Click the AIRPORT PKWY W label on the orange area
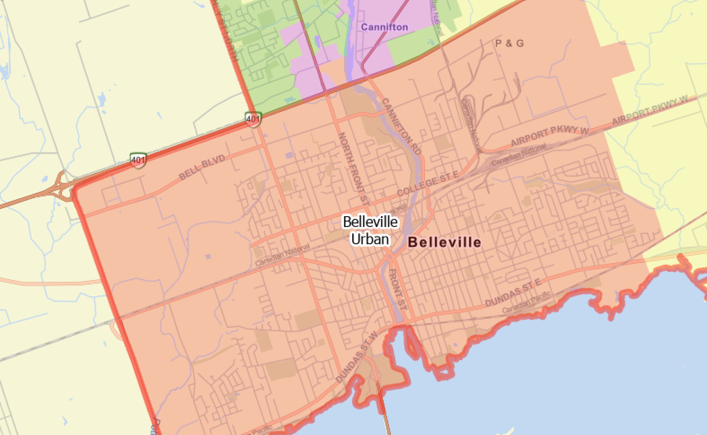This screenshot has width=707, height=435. pos(550,137)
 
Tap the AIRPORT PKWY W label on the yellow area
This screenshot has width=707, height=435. pos(650,110)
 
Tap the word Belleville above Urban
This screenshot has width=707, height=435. pos(370,222)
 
